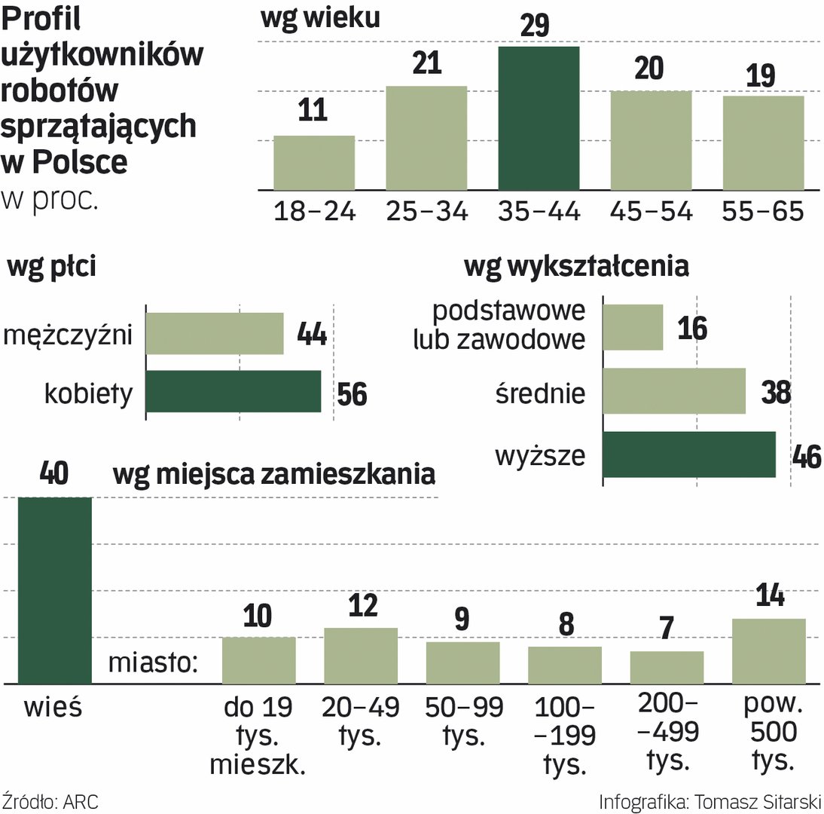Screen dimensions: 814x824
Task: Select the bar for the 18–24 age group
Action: (x=313, y=163)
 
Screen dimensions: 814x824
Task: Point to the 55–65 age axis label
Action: (x=762, y=212)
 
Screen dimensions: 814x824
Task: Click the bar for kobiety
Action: (x=233, y=391)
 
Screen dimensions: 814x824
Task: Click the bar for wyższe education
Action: (x=689, y=454)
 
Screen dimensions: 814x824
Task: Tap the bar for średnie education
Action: (x=674, y=391)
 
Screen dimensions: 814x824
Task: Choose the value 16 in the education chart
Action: (x=691, y=328)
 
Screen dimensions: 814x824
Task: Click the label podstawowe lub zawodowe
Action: (x=499, y=326)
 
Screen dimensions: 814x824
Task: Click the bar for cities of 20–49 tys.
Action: (x=361, y=656)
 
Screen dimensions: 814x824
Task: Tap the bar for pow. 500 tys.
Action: (x=768, y=651)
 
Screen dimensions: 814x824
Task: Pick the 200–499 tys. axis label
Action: (x=667, y=730)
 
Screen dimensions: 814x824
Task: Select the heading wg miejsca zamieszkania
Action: (x=274, y=474)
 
